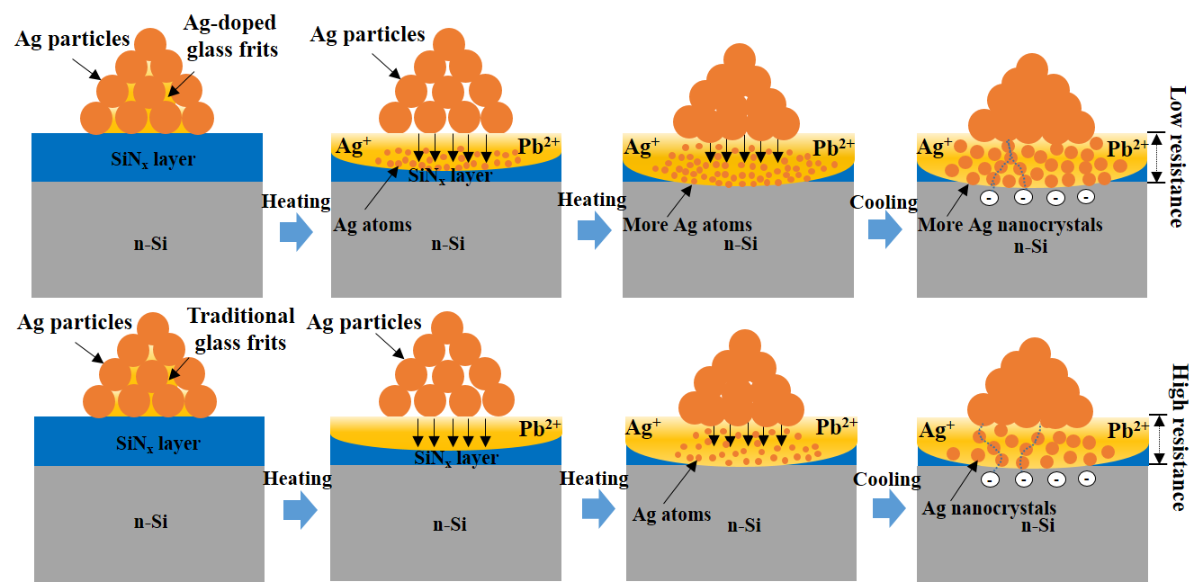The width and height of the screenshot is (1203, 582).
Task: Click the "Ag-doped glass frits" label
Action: [232, 36]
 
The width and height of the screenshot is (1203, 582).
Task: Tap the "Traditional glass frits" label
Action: [240, 328]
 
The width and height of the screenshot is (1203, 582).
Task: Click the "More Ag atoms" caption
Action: [687, 225]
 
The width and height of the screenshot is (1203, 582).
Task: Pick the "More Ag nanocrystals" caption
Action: [1010, 225]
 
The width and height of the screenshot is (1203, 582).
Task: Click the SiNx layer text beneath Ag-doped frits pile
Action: [147, 159]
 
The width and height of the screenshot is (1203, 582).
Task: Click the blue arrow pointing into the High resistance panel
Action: [888, 509]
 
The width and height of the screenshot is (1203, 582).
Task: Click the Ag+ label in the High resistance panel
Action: [937, 431]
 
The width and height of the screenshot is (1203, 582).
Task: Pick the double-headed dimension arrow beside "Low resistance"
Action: [1159, 157]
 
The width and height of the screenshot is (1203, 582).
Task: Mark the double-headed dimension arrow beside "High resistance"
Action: [1159, 439]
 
